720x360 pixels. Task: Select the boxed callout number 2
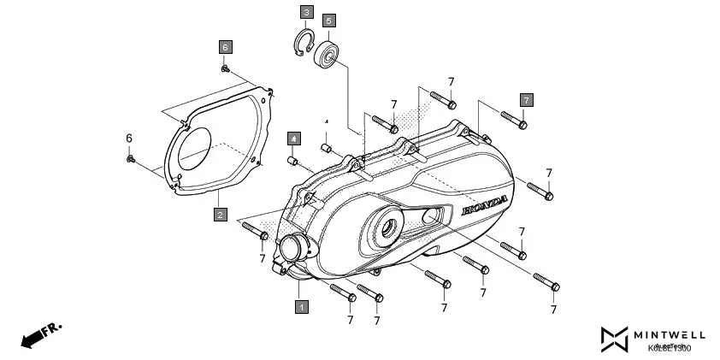[220, 215]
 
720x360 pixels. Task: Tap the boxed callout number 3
[306, 12]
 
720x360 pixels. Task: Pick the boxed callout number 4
[292, 138]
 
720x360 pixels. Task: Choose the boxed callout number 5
[328, 20]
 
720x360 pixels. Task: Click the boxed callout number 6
[225, 46]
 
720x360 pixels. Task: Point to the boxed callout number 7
[526, 100]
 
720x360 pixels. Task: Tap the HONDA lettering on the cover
[485, 205]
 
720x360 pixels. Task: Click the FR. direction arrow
[38, 334]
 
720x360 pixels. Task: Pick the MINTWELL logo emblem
[614, 339]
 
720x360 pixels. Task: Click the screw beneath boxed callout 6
[225, 68]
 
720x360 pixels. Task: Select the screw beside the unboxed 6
[130, 158]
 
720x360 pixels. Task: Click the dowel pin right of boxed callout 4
[326, 147]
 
